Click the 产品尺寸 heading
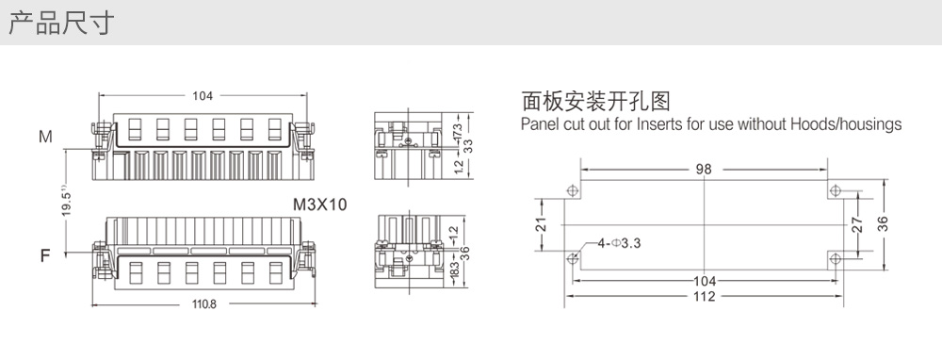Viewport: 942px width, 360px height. click(60, 23)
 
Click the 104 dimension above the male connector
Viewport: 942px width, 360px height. click(203, 95)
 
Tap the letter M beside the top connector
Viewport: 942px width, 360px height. click(45, 137)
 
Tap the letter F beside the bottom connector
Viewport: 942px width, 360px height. click(45, 256)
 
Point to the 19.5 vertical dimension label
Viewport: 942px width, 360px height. click(67, 203)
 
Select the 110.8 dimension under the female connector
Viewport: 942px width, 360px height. click(204, 304)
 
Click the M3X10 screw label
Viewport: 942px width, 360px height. click(319, 205)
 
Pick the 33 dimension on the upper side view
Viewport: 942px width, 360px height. click(468, 146)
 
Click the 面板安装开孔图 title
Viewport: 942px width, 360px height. click(595, 101)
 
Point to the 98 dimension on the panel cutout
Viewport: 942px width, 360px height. click(704, 169)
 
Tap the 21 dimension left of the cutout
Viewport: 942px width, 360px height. click(542, 225)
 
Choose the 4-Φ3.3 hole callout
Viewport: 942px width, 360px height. click(619, 243)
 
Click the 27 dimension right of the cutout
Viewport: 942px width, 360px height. click(857, 225)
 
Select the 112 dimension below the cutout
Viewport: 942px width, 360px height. click(704, 296)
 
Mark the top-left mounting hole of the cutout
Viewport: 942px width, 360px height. click(573, 191)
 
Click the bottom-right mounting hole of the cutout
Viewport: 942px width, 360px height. click(835, 259)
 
